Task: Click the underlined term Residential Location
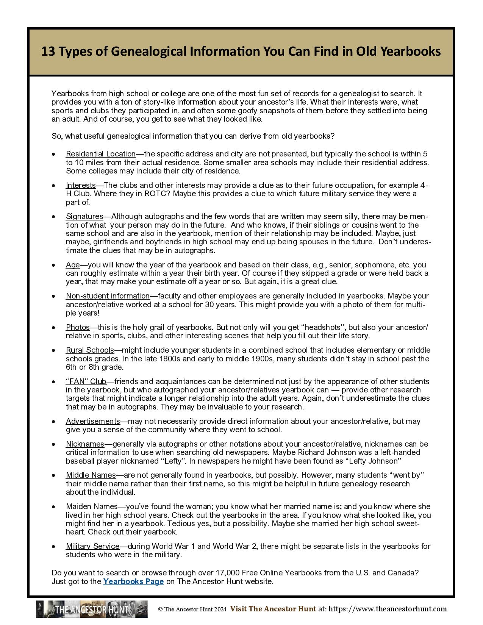[100, 154]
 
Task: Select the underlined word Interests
[81, 185]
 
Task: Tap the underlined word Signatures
[84, 216]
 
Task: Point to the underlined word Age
[73, 265]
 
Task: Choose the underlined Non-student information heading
[108, 296]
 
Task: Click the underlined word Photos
[78, 327]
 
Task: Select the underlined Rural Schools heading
[90, 350]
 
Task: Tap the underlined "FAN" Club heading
[86, 381]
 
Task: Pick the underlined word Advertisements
[93, 421]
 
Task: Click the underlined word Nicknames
[85, 444]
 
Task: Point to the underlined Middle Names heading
[91, 475]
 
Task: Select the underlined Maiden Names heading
[92, 506]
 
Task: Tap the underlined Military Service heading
[92, 546]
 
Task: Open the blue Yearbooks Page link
[133, 581]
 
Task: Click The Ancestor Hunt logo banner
[92, 609]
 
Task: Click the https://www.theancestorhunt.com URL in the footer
[388, 609]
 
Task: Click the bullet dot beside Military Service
[54, 547]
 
